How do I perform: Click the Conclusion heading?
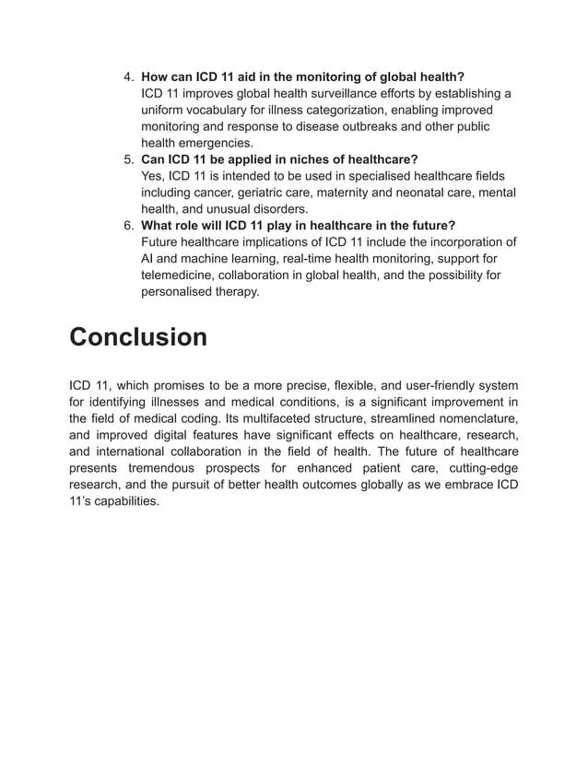(139, 337)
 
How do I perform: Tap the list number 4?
(130, 76)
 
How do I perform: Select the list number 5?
(130, 159)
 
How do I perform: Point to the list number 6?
(130, 226)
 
